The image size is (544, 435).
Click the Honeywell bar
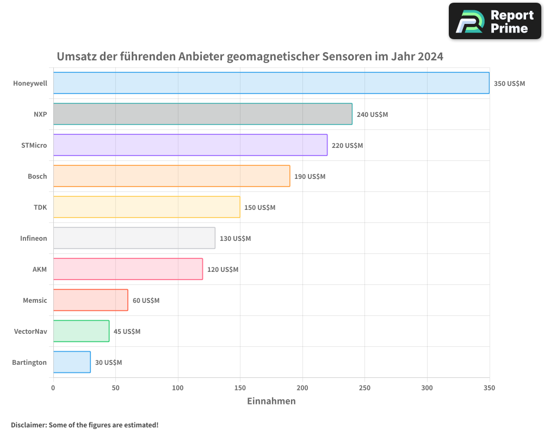click(x=271, y=83)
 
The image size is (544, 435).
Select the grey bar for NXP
click(x=202, y=114)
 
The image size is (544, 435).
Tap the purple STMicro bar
click(x=190, y=145)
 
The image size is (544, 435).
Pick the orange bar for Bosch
click(x=171, y=176)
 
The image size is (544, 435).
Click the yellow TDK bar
click(x=146, y=207)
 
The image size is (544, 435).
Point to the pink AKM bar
click(x=128, y=269)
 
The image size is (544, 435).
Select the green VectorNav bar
click(x=81, y=331)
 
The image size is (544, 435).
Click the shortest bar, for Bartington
click(x=72, y=362)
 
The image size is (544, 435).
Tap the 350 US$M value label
click(x=509, y=84)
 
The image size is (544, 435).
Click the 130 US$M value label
click(x=235, y=239)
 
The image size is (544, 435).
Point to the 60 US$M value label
click(x=146, y=301)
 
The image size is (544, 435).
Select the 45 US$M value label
click(x=127, y=332)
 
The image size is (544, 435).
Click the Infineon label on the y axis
click(x=34, y=238)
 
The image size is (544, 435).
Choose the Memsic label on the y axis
click(x=35, y=300)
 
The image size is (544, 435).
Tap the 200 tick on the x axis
click(x=302, y=388)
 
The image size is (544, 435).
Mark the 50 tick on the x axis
click(x=115, y=388)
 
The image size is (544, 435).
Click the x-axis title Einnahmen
click(x=271, y=401)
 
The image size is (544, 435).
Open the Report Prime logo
click(x=495, y=21)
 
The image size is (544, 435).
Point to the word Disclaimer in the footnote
click(x=28, y=425)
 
